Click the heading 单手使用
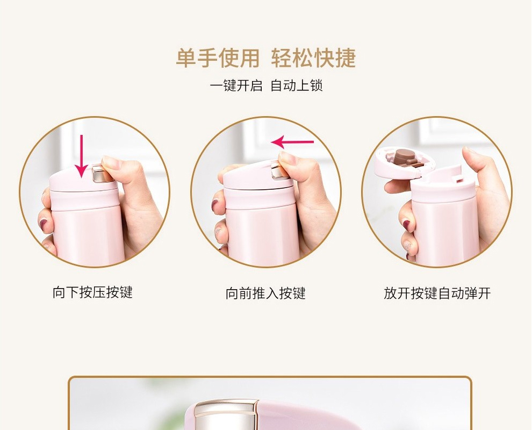(x=218, y=58)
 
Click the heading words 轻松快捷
(x=314, y=58)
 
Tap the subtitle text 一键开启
(x=236, y=85)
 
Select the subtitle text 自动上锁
(x=297, y=85)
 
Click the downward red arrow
(x=81, y=155)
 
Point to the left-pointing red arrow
(x=292, y=142)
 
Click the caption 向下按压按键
(x=92, y=292)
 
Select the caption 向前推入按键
(x=265, y=293)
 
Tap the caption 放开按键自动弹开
(x=437, y=293)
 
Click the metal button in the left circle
(x=99, y=173)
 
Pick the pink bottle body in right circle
(x=446, y=231)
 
